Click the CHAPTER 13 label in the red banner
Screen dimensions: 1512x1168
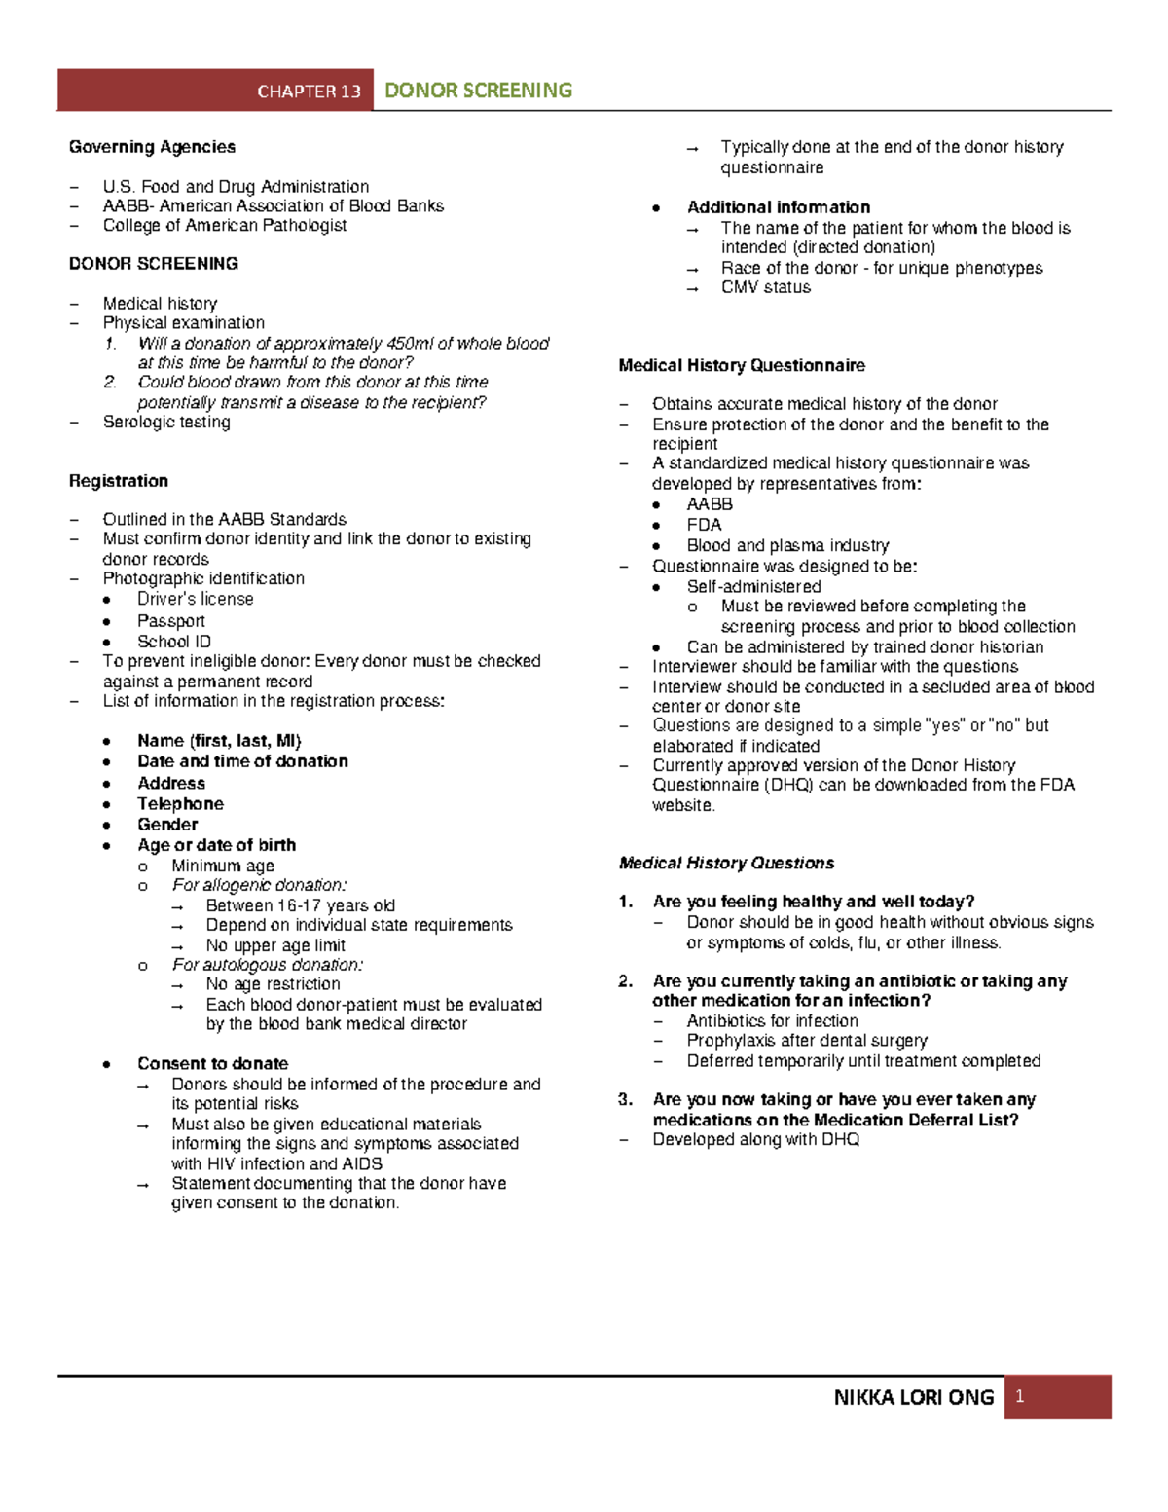pyautogui.click(x=309, y=92)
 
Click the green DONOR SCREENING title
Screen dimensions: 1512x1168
pyautogui.click(x=478, y=91)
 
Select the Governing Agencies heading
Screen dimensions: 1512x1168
pyautogui.click(x=152, y=147)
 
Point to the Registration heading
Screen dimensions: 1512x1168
pyautogui.click(x=118, y=481)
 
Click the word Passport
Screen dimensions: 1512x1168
pyautogui.click(x=171, y=621)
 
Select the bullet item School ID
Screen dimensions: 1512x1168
pyautogui.click(x=174, y=642)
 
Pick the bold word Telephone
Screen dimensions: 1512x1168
pyautogui.click(x=180, y=804)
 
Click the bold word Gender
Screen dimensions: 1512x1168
pyautogui.click(x=167, y=825)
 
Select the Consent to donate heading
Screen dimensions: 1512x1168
pyautogui.click(x=212, y=1063)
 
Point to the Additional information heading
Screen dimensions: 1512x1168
pyautogui.click(x=779, y=207)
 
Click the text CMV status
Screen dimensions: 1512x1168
pyautogui.click(x=766, y=287)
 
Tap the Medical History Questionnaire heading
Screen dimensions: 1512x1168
pyautogui.click(x=742, y=366)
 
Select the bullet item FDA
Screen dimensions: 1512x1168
pyautogui.click(x=704, y=525)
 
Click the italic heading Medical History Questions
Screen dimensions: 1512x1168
pyautogui.click(x=726, y=864)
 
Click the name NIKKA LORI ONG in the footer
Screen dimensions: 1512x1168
pyautogui.click(x=913, y=1398)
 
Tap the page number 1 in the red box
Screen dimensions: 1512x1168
pyautogui.click(x=1019, y=1397)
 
